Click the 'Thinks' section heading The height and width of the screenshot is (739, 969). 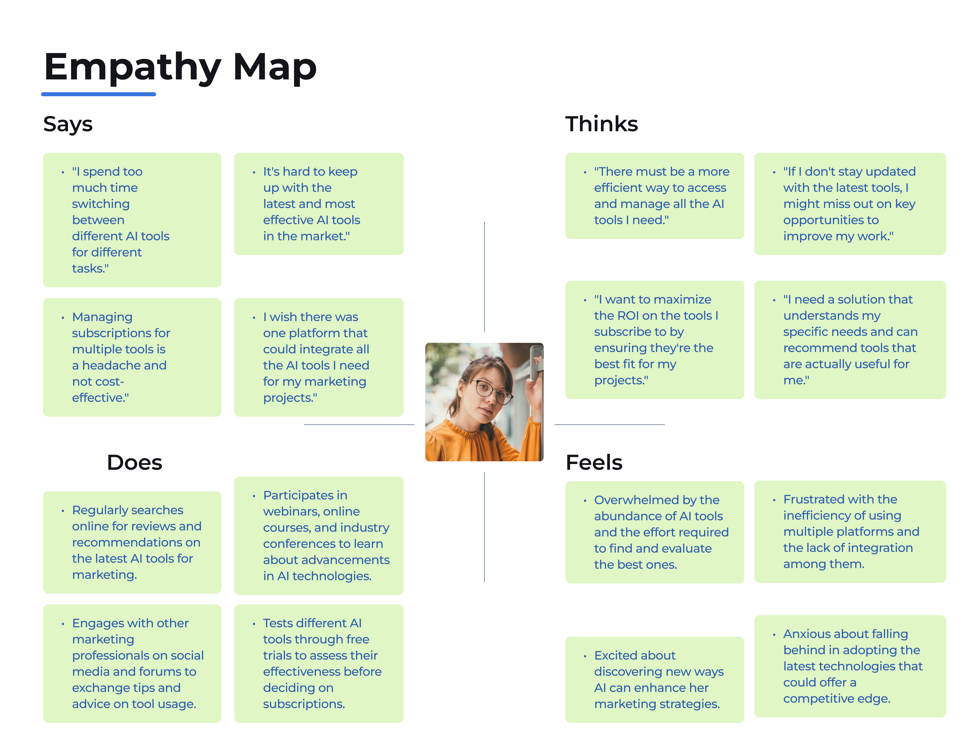(601, 124)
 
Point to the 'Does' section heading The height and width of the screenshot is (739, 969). (135, 463)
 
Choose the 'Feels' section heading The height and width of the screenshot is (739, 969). (594, 463)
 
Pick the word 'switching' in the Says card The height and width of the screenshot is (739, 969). (101, 204)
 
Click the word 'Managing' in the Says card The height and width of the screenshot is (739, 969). (102, 317)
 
